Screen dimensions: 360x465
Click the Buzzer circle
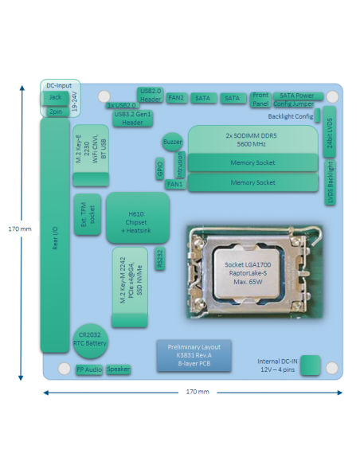tap(172, 142)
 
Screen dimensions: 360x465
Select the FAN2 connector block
tap(176, 98)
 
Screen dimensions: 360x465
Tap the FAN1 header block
tap(175, 184)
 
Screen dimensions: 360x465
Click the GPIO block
tap(160, 168)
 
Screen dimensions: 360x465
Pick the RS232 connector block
tap(160, 258)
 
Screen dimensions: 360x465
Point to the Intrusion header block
tap(180, 165)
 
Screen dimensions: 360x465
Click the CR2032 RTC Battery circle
tap(90, 341)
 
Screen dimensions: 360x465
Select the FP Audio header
tap(89, 369)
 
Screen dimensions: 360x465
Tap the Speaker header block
tap(119, 369)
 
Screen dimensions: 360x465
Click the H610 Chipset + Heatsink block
tap(138, 217)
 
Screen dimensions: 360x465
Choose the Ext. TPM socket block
tap(88, 214)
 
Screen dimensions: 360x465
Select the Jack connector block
tap(56, 98)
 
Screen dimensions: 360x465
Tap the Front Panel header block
tap(260, 100)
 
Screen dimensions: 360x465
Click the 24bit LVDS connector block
tap(329, 131)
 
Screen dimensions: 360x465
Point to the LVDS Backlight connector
tap(330, 182)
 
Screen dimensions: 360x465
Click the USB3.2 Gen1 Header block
tap(132, 119)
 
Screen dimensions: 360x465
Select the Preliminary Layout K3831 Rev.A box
tap(194, 355)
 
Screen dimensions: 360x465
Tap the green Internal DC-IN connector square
tap(310, 365)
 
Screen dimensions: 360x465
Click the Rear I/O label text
tap(55, 238)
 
